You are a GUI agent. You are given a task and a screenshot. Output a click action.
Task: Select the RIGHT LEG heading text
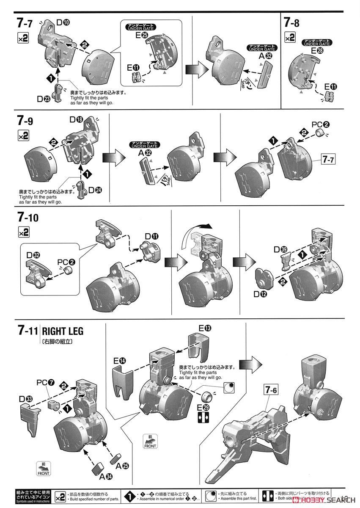(63, 331)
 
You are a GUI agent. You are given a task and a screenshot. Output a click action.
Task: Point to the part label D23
(44, 99)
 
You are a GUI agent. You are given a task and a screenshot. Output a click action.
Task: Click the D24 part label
(95, 190)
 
